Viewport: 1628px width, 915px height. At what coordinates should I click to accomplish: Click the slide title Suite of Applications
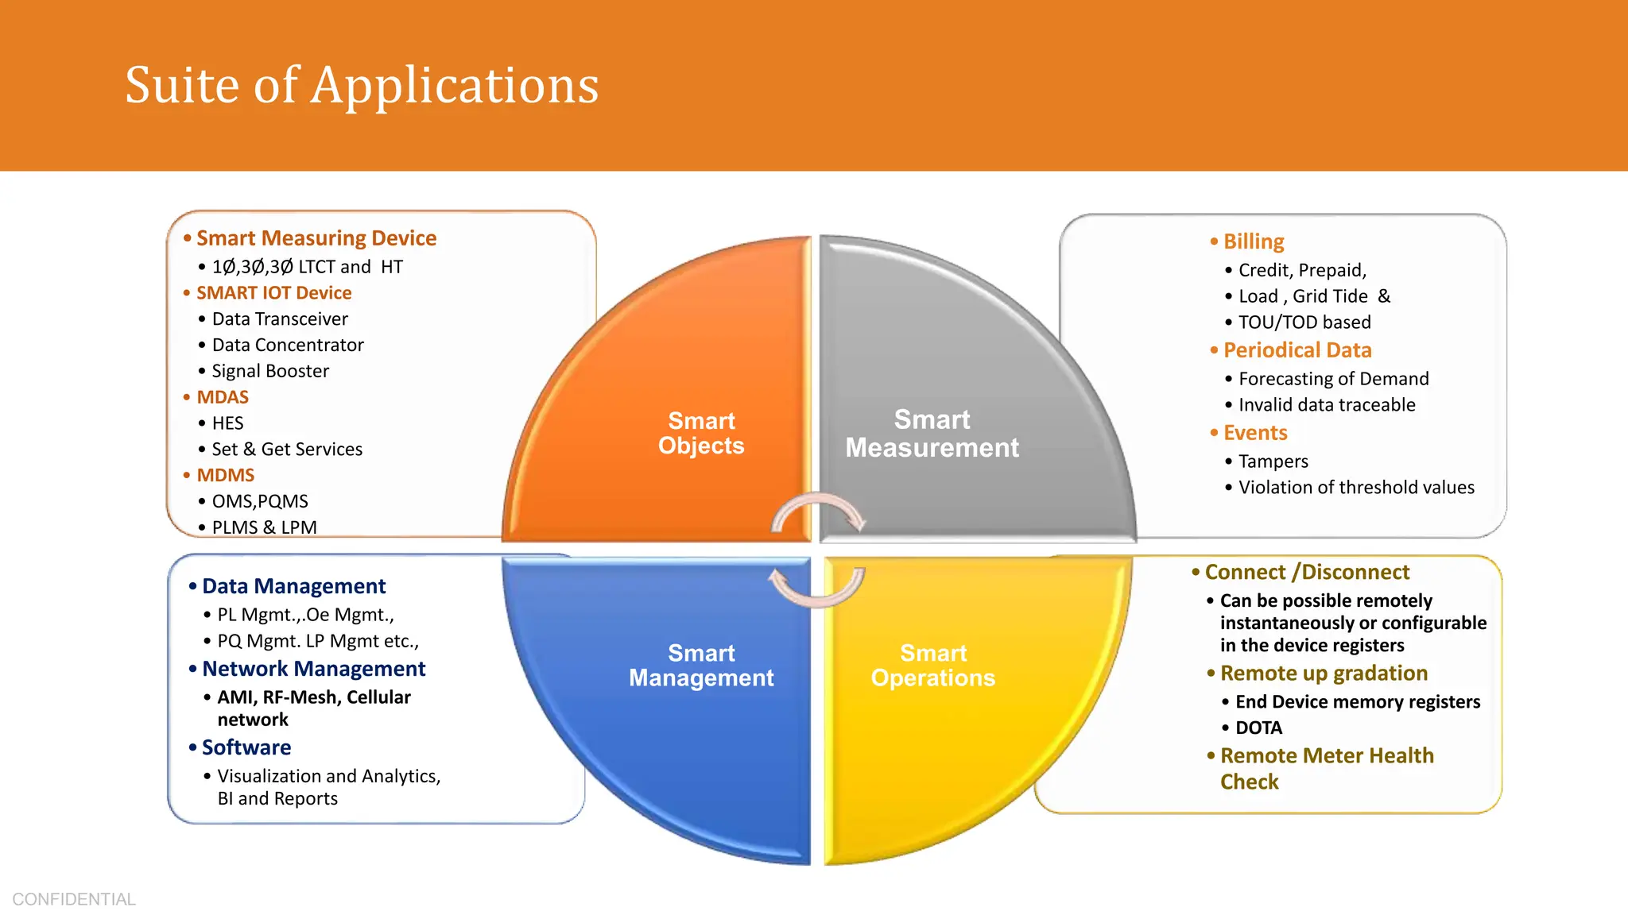pos(362,85)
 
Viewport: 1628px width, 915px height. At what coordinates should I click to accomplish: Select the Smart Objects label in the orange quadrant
pos(701,433)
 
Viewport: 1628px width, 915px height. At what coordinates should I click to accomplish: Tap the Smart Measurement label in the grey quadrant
pos(932,434)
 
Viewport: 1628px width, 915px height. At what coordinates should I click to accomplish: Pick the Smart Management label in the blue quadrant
pos(701,666)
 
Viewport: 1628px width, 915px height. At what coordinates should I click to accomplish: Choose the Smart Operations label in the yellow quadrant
pos(932,666)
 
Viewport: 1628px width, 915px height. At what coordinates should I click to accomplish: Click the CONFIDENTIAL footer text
pos(74,899)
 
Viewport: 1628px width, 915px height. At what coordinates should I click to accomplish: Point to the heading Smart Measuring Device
pos(316,238)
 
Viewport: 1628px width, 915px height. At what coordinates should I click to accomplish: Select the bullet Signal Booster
pos(269,371)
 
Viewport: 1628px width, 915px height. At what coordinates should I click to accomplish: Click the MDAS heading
pos(223,397)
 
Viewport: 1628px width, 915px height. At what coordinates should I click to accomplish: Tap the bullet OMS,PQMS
pos(259,501)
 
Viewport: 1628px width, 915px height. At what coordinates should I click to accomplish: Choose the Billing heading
pos(1254,241)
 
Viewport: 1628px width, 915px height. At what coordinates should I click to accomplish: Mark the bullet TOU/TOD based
pos(1304,322)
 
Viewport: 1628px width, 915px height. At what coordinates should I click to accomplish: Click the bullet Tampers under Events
pos(1273,461)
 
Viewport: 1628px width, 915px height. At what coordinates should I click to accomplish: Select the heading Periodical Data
pos(1297,350)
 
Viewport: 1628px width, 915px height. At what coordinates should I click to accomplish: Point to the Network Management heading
pos(313,669)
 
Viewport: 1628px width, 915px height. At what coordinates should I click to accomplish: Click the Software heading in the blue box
pos(246,747)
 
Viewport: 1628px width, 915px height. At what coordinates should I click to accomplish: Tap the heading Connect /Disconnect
pos(1306,572)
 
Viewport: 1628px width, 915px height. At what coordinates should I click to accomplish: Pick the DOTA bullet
pos(1258,728)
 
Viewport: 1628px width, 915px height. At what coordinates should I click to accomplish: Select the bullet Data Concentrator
pos(287,345)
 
